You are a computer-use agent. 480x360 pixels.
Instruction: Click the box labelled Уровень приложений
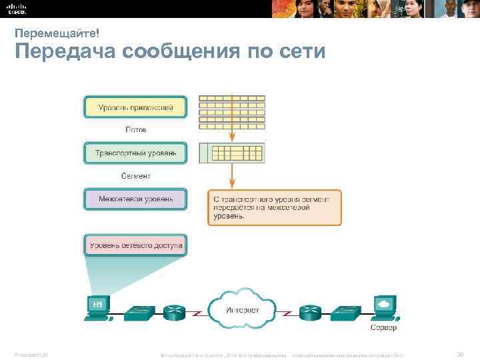click(135, 107)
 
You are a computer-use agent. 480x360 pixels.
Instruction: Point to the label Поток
click(135, 130)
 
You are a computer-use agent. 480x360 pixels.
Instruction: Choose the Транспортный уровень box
click(135, 153)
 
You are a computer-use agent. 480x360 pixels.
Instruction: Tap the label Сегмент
click(135, 176)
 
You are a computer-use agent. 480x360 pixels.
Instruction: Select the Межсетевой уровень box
click(135, 199)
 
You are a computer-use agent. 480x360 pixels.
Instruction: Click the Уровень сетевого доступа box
click(135, 245)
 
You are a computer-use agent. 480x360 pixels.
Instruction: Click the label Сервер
click(383, 328)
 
